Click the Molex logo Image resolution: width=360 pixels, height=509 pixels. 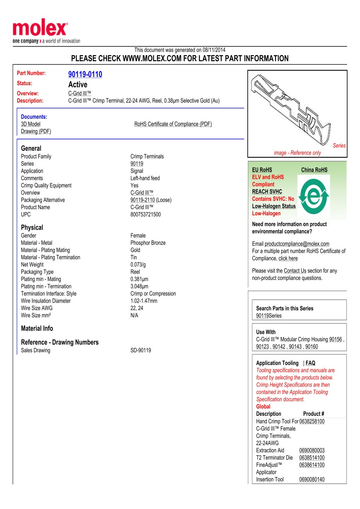[x=40, y=30]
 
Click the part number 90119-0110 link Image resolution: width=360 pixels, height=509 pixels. [x=85, y=74]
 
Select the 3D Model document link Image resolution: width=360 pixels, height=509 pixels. [x=31, y=124]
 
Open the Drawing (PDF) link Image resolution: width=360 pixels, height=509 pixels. [x=36, y=131]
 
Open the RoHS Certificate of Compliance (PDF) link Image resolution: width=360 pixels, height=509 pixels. [x=173, y=124]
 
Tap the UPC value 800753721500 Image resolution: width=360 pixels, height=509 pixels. [x=146, y=214]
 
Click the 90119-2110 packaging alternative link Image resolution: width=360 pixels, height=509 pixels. [x=142, y=200]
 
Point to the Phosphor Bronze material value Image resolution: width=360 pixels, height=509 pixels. [x=148, y=243]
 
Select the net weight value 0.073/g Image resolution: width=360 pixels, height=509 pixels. [x=138, y=265]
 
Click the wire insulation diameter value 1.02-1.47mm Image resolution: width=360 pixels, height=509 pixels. [x=144, y=301]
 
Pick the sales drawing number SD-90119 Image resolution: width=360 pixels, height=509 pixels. [x=141, y=351]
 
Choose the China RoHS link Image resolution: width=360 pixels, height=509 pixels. [x=314, y=170]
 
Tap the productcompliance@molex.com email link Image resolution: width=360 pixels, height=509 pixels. [x=297, y=244]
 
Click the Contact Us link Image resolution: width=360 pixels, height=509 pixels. [x=295, y=271]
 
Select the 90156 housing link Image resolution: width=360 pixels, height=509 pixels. [x=335, y=339]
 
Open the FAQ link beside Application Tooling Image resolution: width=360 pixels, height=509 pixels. [x=310, y=363]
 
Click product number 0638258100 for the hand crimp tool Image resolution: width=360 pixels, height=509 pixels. [x=312, y=421]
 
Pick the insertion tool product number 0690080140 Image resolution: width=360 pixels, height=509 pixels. [x=312, y=479]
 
